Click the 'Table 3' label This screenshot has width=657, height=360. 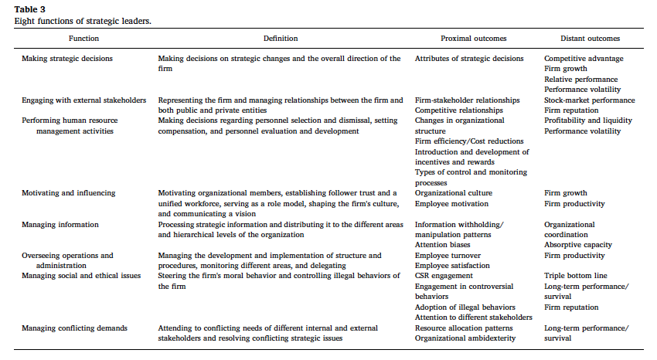29,9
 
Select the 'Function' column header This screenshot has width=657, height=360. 83,38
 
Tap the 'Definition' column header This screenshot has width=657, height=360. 280,38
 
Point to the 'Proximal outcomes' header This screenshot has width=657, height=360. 451,38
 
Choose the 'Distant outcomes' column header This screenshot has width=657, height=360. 590,38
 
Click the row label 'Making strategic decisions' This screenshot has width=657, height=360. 67,59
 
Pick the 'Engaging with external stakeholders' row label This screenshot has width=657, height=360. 83,100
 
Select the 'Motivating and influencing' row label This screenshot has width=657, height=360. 68,193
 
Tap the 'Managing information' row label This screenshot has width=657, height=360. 60,225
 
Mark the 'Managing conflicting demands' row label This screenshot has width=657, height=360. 74,328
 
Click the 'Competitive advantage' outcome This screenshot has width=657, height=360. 584,59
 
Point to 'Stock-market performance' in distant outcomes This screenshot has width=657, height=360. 589,100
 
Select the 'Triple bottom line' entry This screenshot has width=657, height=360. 576,276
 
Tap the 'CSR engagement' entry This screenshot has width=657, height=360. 444,276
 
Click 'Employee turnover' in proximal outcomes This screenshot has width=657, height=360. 448,256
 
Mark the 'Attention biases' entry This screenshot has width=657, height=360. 444,245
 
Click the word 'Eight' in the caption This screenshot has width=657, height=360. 24,20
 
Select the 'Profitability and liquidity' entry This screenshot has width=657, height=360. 587,121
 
